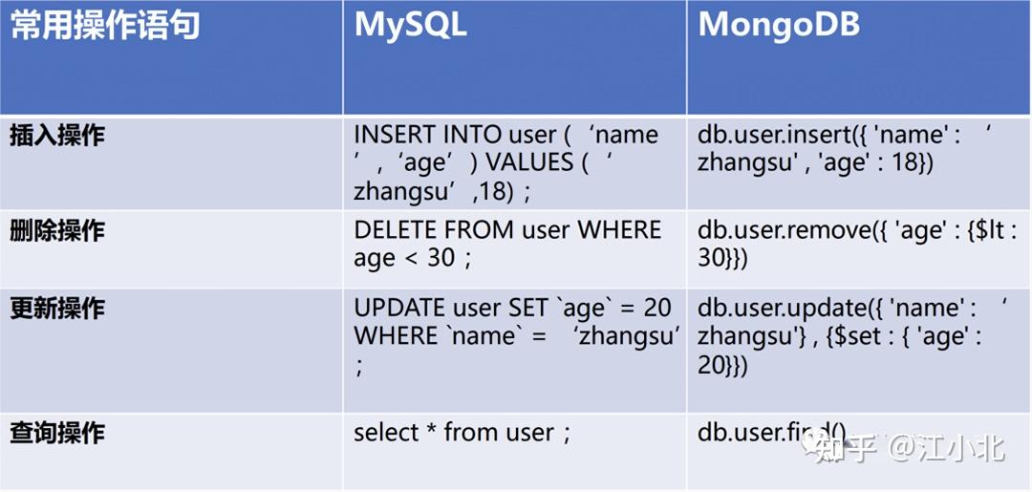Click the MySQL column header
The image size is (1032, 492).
pyautogui.click(x=410, y=26)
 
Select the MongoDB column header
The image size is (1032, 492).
pyautogui.click(x=779, y=26)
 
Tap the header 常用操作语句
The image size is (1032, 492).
pyautogui.click(x=105, y=26)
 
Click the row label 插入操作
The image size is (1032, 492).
pyautogui.click(x=57, y=136)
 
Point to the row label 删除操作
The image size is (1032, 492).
pyautogui.click(x=57, y=231)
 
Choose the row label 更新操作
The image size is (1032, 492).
pyautogui.click(x=57, y=309)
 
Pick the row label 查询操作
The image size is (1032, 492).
pyautogui.click(x=57, y=433)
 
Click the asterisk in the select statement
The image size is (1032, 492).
pyautogui.click(x=432, y=430)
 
